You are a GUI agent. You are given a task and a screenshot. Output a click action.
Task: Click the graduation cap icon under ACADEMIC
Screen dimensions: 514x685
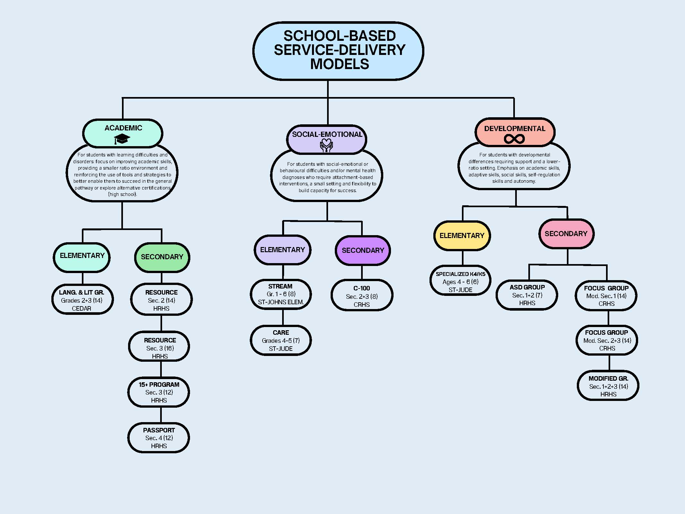[122, 139]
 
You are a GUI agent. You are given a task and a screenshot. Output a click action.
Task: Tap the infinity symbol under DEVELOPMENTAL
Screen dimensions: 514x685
[514, 139]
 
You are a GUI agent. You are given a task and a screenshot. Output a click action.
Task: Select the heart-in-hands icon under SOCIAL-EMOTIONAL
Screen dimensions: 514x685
[326, 145]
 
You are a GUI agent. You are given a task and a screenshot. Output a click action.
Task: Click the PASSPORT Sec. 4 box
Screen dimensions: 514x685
[159, 438]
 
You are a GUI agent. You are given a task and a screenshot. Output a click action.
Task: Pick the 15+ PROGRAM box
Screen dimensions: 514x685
[159, 392]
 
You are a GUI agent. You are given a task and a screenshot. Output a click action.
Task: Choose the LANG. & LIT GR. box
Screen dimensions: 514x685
[82, 300]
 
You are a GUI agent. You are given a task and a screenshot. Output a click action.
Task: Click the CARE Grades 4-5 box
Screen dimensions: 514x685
[281, 341]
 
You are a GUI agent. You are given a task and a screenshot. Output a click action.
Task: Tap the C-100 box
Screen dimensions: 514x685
[362, 296]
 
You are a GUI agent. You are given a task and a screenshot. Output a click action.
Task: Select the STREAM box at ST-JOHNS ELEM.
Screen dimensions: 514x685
[281, 294]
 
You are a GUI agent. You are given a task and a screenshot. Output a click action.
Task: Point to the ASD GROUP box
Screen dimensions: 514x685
[527, 295]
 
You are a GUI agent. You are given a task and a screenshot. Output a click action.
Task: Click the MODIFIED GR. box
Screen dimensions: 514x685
[608, 386]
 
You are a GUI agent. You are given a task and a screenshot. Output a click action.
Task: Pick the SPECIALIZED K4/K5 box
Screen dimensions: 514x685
[461, 281]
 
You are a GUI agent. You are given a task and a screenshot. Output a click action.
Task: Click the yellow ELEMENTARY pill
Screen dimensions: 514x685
[462, 235]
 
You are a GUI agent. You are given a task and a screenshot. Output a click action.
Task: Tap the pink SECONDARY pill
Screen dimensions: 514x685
[566, 234]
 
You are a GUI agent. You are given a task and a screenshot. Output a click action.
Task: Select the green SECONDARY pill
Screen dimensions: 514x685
[162, 257]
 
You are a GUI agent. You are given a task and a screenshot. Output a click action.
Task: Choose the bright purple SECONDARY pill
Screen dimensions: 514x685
[363, 250]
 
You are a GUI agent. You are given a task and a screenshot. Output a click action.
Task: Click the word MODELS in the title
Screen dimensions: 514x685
[340, 64]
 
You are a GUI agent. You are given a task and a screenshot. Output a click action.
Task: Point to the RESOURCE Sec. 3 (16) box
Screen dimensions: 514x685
[160, 348]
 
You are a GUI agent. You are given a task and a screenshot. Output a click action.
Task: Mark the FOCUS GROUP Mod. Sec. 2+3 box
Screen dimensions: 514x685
[607, 340]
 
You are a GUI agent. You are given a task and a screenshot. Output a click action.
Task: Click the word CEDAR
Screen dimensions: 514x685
[82, 308]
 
